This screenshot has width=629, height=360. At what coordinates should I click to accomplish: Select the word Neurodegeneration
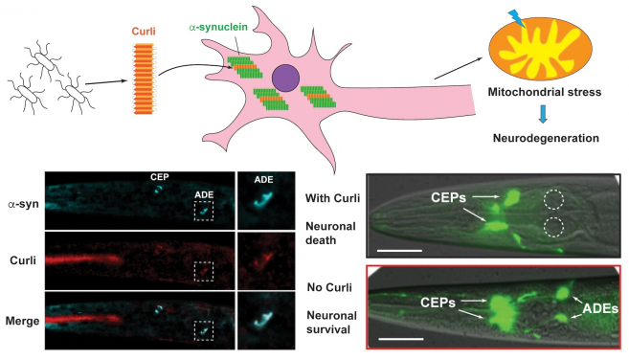(547, 137)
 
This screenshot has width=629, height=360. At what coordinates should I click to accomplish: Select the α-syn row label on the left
(22, 204)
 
